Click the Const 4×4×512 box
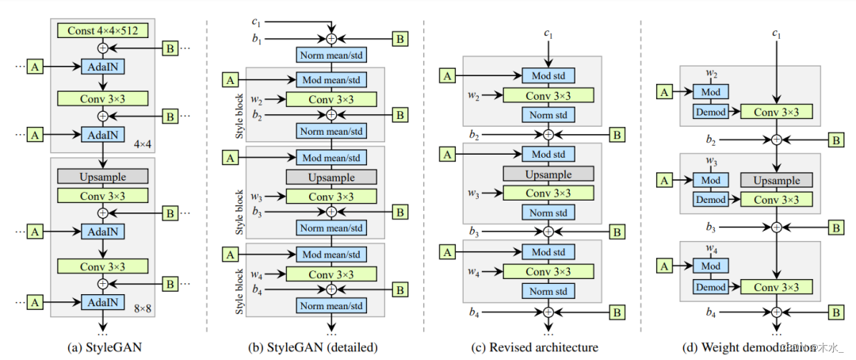click(x=102, y=31)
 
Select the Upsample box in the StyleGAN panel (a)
click(x=102, y=176)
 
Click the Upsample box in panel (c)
click(x=548, y=173)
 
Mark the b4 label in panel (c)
click(x=474, y=313)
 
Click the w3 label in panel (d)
click(x=711, y=162)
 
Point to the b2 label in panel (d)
click(x=711, y=140)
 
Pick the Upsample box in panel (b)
click(x=331, y=177)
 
